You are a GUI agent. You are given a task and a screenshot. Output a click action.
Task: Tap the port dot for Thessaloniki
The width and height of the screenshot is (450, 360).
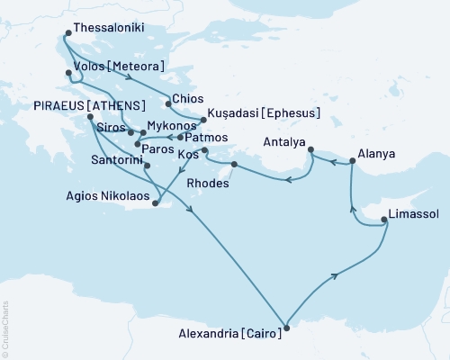[67, 37]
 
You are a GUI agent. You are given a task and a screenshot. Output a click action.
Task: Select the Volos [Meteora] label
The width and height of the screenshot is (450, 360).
[123, 66]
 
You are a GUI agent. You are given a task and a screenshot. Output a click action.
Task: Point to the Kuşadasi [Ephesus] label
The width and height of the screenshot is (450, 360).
[265, 114]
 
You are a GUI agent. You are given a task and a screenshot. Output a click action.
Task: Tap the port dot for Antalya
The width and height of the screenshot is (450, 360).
[310, 150]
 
